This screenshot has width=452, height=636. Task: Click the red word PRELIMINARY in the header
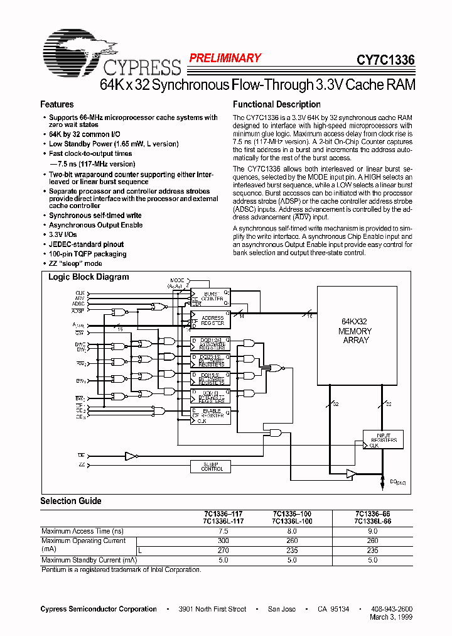click(x=225, y=58)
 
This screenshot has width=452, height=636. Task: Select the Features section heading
click(x=57, y=104)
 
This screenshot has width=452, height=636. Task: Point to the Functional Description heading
click(x=276, y=104)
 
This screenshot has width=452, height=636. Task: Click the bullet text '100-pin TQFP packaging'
click(x=87, y=254)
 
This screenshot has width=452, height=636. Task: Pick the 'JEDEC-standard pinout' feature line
click(x=86, y=244)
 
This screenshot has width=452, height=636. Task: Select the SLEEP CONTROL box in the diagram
click(x=212, y=466)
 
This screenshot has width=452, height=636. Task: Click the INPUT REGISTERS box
click(x=384, y=439)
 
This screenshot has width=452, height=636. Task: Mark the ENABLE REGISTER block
click(x=209, y=414)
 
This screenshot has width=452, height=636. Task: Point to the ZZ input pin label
click(x=81, y=464)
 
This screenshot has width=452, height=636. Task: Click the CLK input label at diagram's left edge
click(x=80, y=293)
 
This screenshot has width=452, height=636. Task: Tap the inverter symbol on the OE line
click(x=131, y=455)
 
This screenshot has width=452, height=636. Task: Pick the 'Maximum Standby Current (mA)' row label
click(x=89, y=560)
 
